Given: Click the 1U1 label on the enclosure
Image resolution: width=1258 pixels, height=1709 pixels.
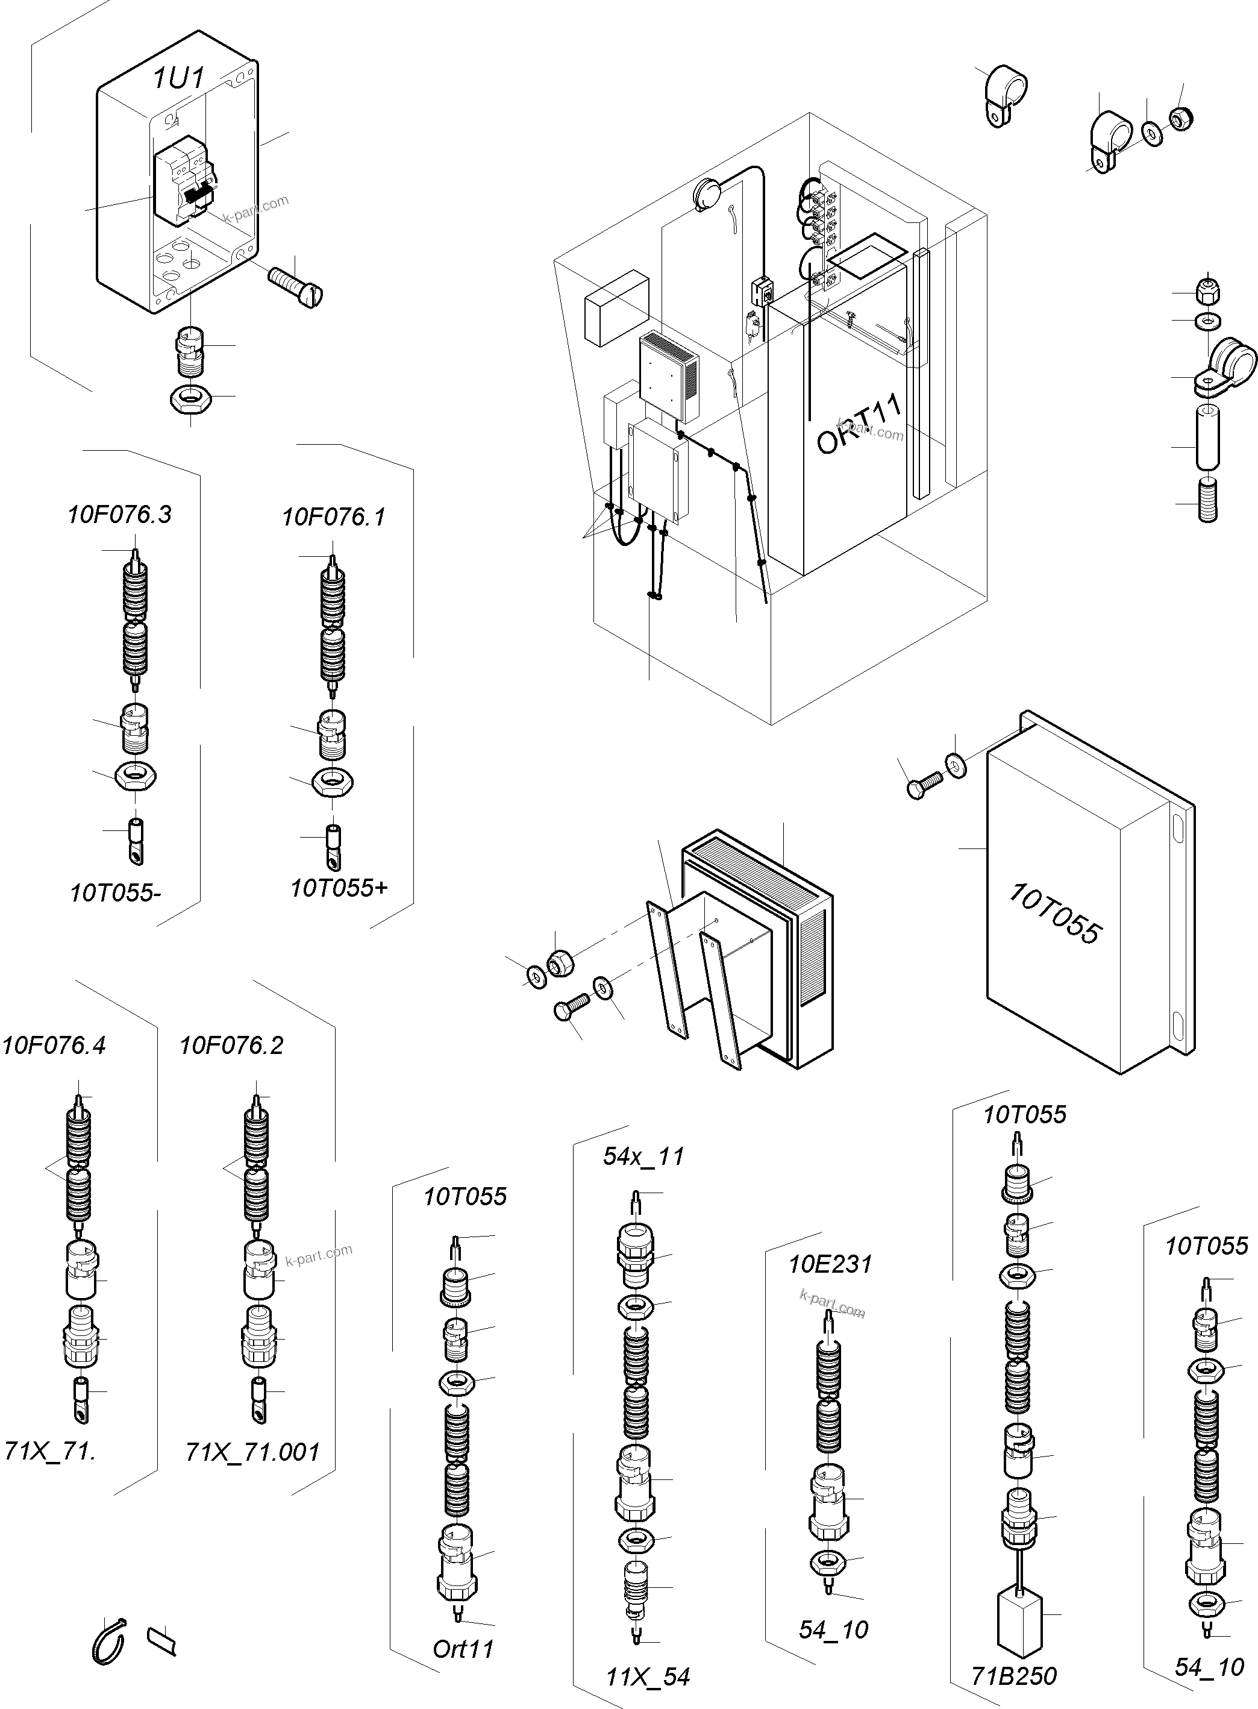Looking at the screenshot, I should coord(179,78).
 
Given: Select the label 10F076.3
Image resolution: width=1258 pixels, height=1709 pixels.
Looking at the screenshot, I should coord(119,515).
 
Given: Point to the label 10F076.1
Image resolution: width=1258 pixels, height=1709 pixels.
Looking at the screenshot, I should coord(334,518).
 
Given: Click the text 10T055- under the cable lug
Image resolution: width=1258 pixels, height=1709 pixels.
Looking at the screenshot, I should coord(115,892).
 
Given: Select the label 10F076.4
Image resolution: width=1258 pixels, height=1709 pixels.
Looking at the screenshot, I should coord(53,1046).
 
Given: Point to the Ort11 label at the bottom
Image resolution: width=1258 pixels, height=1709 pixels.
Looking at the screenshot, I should coord(463,1649).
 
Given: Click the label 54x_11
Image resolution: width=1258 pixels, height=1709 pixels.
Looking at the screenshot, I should coord(643,1156).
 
